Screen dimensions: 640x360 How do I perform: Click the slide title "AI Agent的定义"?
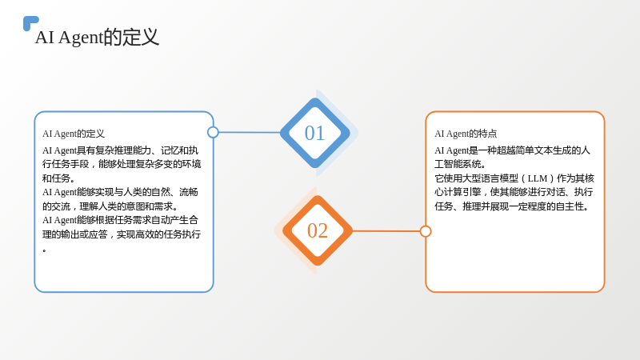pyautogui.click(x=97, y=37)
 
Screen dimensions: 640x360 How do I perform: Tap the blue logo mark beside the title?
pyautogui.click(x=30, y=23)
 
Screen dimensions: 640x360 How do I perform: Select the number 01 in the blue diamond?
pyautogui.click(x=314, y=133)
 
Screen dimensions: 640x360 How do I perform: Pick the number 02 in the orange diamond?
pyautogui.click(x=318, y=230)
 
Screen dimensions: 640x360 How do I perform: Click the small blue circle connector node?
pyautogui.click(x=213, y=132)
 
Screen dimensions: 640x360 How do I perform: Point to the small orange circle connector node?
pyautogui.click(x=426, y=231)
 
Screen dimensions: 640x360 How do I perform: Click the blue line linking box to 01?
pyautogui.click(x=250, y=132)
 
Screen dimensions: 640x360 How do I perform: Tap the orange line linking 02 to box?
pyautogui.click(x=386, y=231)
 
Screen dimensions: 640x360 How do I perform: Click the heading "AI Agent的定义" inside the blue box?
pyautogui.click(x=74, y=134)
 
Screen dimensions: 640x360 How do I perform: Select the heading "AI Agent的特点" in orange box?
pyautogui.click(x=466, y=134)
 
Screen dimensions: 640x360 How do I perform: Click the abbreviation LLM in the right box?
pyautogui.click(x=537, y=178)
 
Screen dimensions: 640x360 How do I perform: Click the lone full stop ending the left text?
pyautogui.click(x=44, y=250)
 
